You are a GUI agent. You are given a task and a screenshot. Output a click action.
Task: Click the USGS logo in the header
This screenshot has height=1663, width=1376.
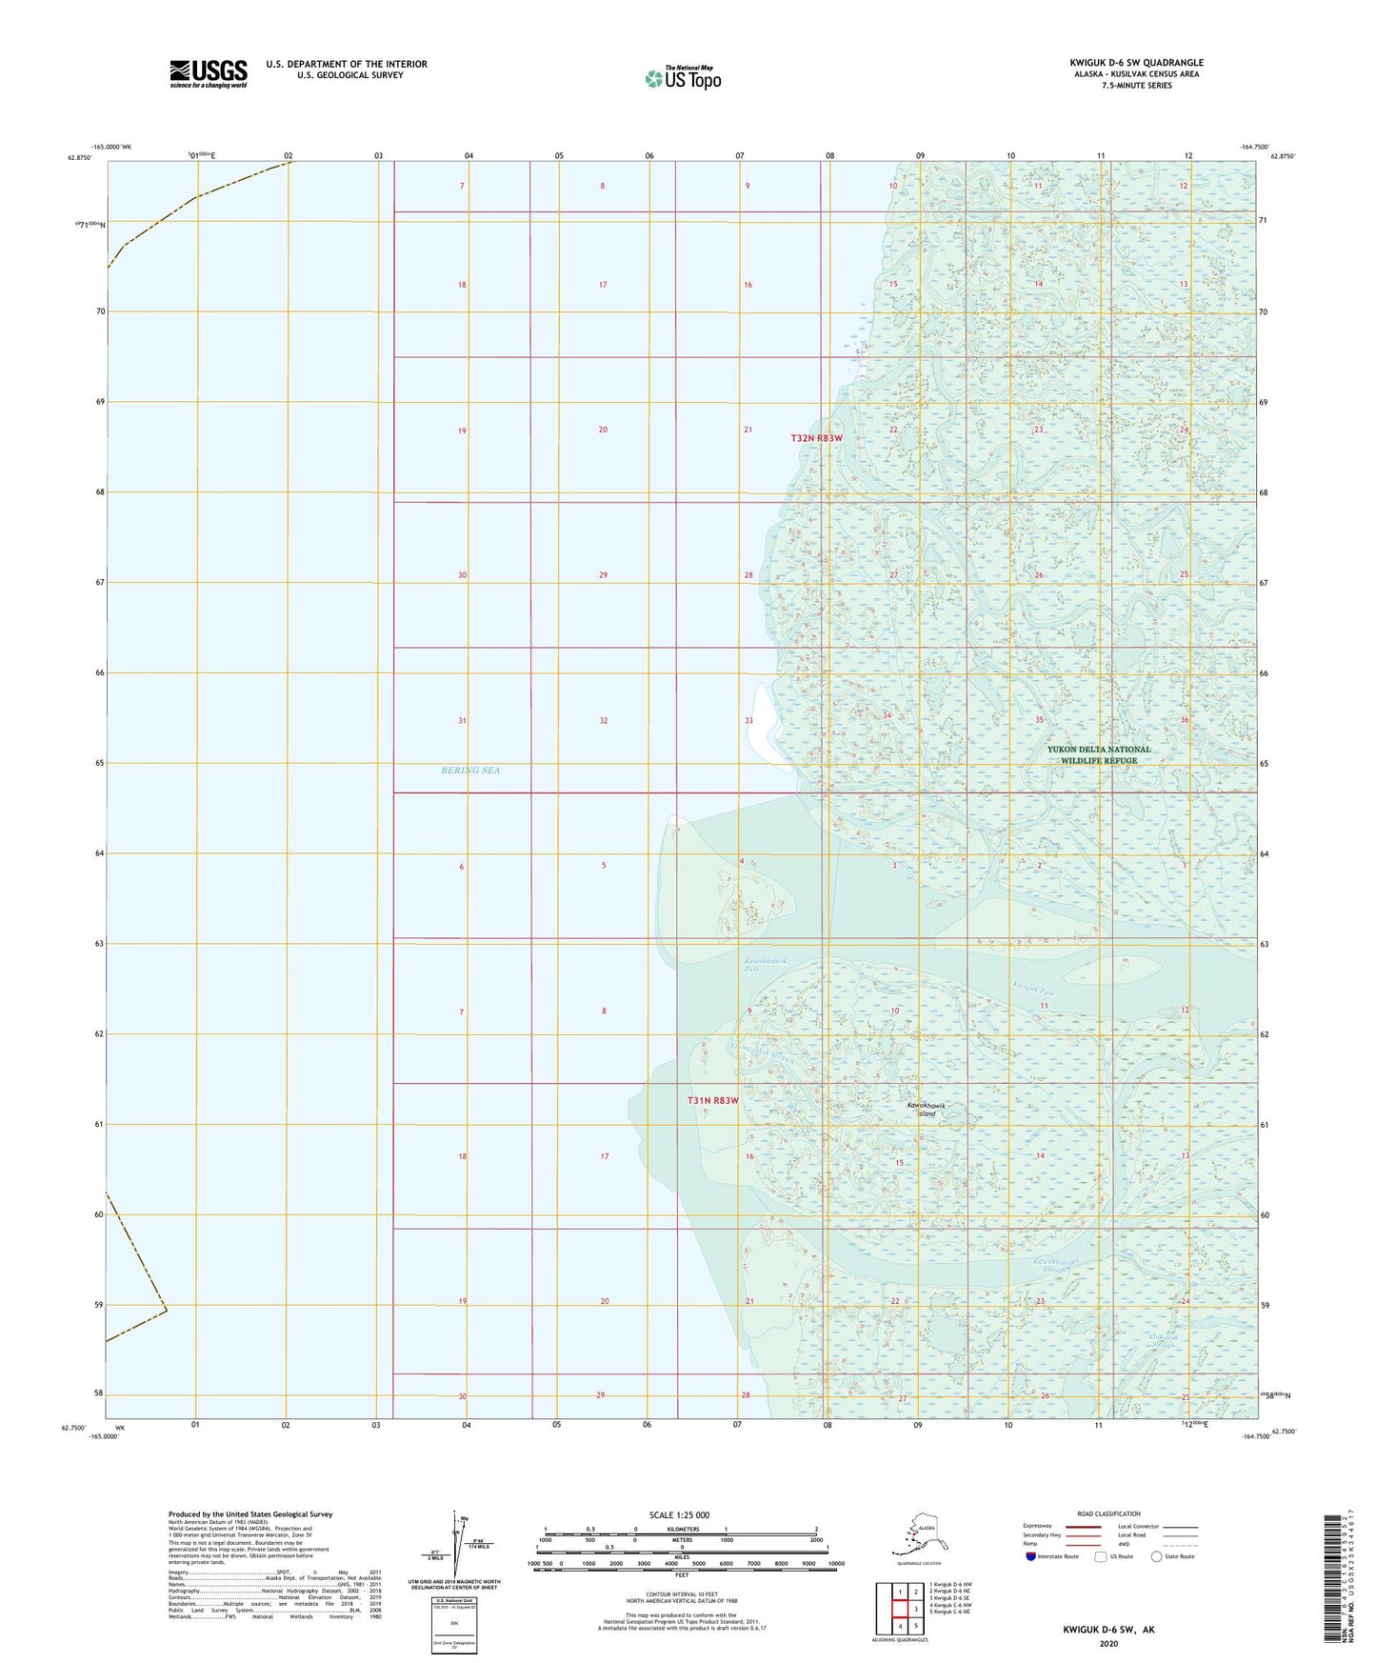click(x=208, y=72)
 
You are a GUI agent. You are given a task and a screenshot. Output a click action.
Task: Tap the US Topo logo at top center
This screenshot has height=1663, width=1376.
click(x=682, y=78)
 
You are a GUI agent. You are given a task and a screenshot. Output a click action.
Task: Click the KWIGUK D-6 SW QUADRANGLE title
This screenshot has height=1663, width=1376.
click(x=1135, y=63)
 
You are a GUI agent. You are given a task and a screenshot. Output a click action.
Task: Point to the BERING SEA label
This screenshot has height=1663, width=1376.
click(x=470, y=770)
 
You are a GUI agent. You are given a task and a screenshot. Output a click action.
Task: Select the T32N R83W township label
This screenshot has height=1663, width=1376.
click(x=817, y=438)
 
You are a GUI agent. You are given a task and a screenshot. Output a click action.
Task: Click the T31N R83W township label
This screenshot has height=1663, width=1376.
click(x=713, y=1100)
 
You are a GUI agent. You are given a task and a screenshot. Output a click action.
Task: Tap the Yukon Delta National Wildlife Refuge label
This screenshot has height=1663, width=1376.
click(x=1098, y=754)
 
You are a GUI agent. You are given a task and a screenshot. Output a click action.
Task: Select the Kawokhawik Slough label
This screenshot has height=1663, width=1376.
click(x=1059, y=1266)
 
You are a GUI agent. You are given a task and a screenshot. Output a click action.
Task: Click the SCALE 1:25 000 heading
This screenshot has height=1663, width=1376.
click(x=681, y=1515)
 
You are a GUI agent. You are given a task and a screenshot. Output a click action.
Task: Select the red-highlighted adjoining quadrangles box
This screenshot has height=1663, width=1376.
click(x=899, y=1609)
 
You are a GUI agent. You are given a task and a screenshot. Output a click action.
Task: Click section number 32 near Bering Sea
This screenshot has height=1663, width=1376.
click(x=603, y=720)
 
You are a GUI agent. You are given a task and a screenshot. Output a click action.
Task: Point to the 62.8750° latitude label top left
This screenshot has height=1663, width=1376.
click(x=79, y=157)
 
